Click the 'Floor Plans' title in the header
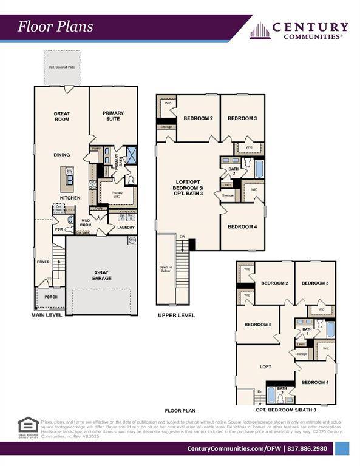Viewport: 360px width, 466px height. pos(55,26)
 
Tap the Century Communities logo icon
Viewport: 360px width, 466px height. pos(260,30)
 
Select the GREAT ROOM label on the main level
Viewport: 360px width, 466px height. pos(61,116)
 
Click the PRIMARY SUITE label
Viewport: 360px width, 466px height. pos(113,116)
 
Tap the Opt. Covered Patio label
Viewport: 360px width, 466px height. pos(61,66)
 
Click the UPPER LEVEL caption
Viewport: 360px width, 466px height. pos(176,316)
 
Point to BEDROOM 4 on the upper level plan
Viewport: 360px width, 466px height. pos(242,226)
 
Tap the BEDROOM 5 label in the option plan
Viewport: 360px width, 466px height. pos(258,325)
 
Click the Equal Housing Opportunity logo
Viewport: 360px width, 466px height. pos(28,426)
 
